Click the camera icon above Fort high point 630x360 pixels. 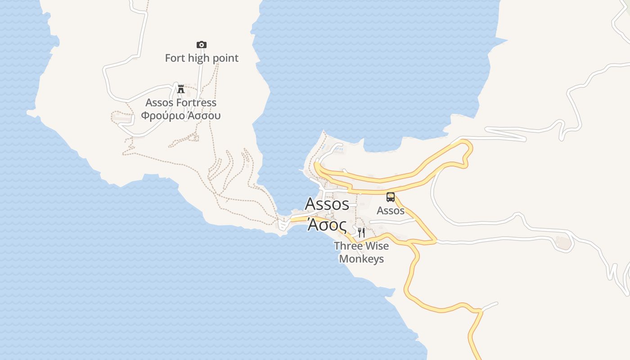click(202, 45)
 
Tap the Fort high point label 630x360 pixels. click(202, 58)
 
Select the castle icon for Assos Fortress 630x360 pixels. click(181, 89)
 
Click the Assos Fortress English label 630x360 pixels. click(181, 103)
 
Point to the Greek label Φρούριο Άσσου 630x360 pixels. click(181, 116)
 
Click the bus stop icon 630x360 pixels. click(391, 197)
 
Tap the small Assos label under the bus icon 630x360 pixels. click(391, 211)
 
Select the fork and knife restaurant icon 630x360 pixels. click(361, 233)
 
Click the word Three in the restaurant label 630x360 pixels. click(348, 246)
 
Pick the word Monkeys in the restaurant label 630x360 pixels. click(361, 259)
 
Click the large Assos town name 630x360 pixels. click(327, 204)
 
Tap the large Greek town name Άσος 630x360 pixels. click(327, 224)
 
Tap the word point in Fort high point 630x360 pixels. click(226, 58)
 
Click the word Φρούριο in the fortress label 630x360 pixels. click(163, 116)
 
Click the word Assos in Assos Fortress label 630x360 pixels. click(159, 103)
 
